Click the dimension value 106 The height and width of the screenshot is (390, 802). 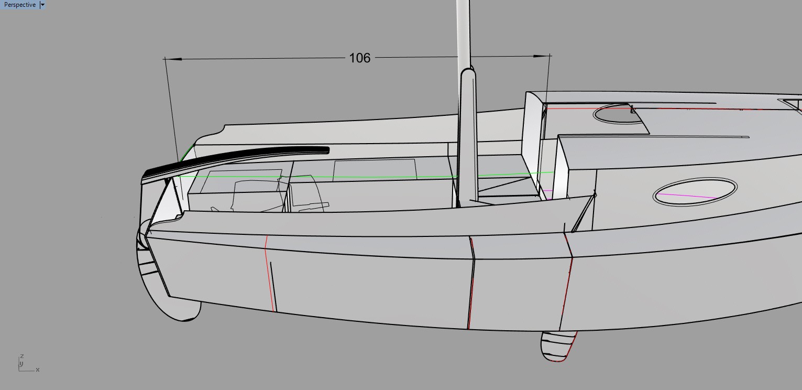(359, 58)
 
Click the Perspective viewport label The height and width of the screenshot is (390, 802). (20, 5)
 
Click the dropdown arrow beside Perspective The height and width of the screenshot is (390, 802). (42, 5)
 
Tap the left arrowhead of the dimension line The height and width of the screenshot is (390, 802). (173, 59)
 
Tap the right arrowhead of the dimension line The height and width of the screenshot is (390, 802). (541, 56)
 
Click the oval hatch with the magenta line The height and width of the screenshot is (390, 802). (695, 192)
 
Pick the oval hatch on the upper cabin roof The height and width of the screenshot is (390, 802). (618, 114)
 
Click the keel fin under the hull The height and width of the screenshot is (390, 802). (558, 346)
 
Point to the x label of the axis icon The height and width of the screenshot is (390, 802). (38, 370)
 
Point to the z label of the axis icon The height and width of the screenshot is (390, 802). (22, 356)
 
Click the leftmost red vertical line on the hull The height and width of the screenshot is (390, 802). (269, 274)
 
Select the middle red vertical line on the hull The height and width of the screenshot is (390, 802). (471, 283)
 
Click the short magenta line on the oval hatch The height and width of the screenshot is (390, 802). (687, 196)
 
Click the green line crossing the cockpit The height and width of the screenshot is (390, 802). (365, 176)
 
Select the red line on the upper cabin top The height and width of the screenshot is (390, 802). (673, 108)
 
